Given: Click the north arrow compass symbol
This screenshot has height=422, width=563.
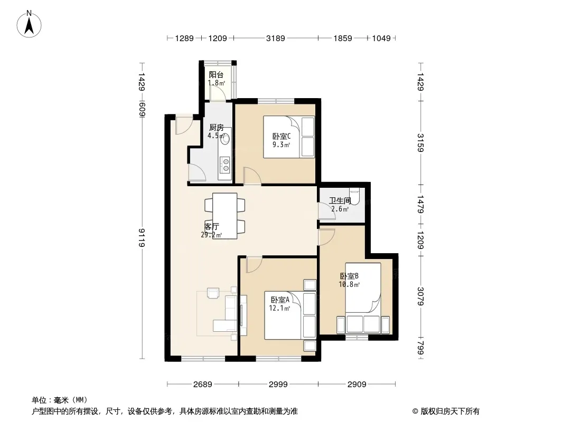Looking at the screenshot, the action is [x=29, y=24].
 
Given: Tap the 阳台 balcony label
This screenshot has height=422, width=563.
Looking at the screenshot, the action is [x=216, y=74].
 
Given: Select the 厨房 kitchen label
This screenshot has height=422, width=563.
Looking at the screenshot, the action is [x=216, y=127].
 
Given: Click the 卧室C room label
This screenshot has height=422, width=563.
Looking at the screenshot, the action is [x=281, y=136].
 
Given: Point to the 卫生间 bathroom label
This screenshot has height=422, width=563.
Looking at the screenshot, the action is [x=340, y=201].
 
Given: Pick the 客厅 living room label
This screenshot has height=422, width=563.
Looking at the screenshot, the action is [x=211, y=227].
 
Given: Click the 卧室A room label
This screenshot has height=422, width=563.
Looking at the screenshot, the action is [x=280, y=300].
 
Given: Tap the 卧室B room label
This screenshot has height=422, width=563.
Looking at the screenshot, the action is [x=349, y=276].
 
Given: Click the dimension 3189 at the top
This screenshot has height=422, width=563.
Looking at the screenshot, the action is [x=275, y=38].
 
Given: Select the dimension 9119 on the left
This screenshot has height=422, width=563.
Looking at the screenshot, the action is [x=142, y=237].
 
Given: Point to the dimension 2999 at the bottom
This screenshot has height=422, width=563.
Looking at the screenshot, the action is [x=278, y=385].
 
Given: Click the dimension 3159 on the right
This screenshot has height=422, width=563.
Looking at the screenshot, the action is [x=420, y=143].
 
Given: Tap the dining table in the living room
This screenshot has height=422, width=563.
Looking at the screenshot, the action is [x=225, y=216].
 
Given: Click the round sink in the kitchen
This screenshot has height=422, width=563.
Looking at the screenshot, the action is [x=226, y=139].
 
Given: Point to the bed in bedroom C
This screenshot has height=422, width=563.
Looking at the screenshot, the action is [x=289, y=137].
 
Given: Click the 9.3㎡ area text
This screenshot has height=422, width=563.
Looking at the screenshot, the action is [x=281, y=145].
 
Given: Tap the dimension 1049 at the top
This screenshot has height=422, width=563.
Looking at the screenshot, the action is [x=381, y=38].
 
